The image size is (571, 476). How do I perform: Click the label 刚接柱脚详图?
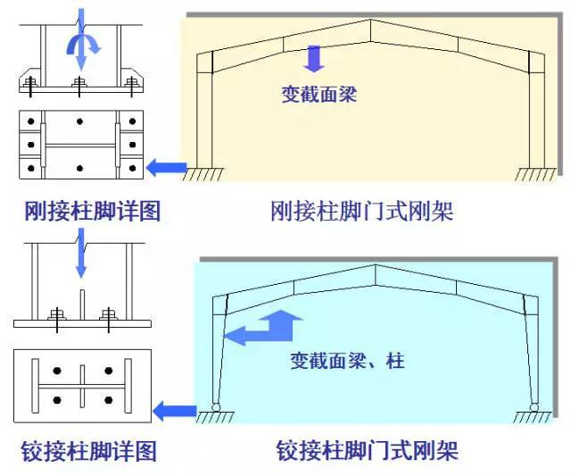click(92, 212)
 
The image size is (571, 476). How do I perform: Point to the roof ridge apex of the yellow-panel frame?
click(369, 20)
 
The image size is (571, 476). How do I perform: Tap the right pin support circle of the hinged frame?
click(534, 408)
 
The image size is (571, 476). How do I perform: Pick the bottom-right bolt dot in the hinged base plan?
click(109, 399)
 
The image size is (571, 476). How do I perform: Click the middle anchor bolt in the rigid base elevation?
click(79, 84)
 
